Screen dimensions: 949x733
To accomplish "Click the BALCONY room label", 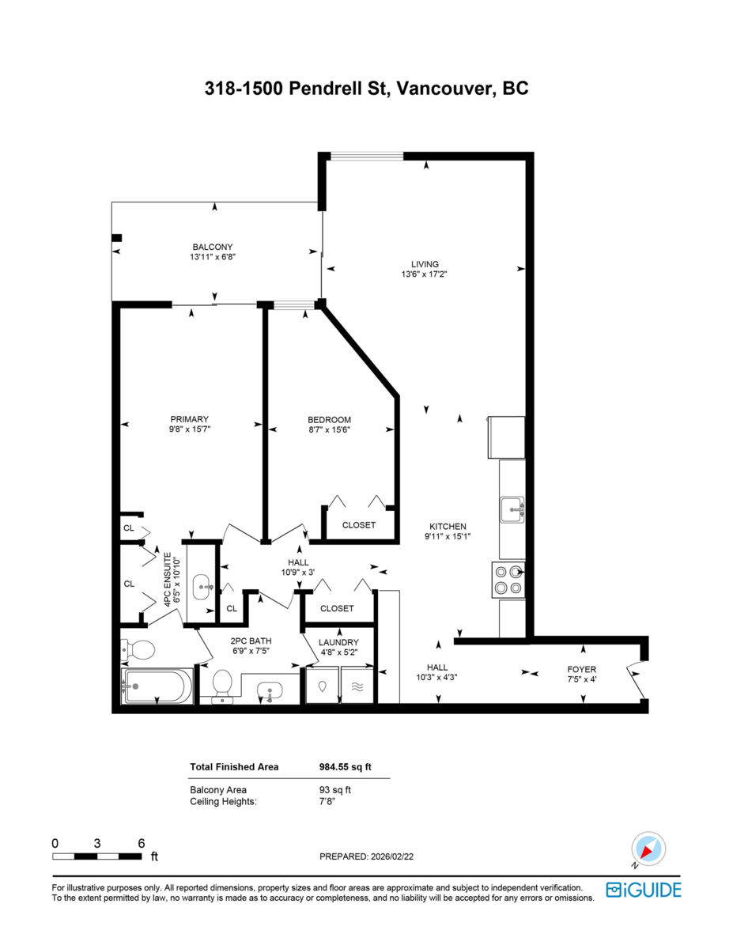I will pos(213,246).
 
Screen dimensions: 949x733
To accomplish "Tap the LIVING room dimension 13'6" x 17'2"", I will pos(425,274).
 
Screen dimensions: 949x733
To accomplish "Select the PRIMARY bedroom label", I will pos(190,419).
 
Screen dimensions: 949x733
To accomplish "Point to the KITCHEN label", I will pos(448,527).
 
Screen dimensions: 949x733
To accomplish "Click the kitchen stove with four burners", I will pos(508,579).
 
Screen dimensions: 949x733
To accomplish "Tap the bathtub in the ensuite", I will pos(157,686).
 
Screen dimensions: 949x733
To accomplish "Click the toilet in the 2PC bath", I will pos(221,685).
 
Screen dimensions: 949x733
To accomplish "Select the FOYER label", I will pos(582,669).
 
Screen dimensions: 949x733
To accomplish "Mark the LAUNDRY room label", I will pos(338,642).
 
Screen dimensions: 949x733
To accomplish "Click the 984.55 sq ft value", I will pos(345,766).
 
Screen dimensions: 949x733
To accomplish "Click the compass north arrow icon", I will pos(647,850).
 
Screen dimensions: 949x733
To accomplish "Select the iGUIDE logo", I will pos(643,890).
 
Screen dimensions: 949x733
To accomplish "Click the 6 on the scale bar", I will pos(142,843).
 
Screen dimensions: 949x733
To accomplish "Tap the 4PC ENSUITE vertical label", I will pos(167,579).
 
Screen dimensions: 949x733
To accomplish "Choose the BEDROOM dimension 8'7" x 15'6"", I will pos(329,429).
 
